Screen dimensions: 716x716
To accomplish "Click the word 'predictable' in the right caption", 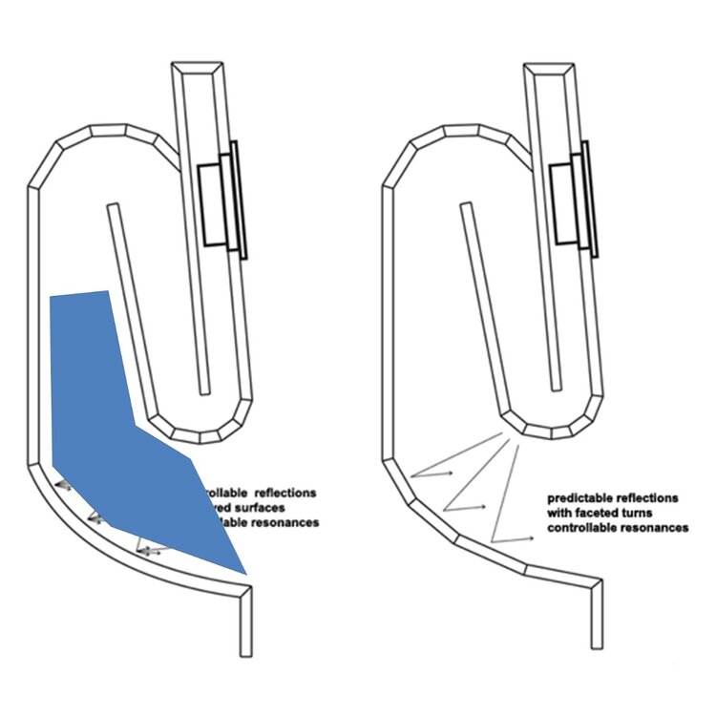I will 577,498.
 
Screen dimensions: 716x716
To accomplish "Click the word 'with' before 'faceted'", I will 561,513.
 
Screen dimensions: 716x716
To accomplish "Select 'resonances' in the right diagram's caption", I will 658,527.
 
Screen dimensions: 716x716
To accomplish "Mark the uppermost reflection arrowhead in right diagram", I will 452,468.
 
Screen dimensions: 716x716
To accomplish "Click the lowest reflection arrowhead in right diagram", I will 533,538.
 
